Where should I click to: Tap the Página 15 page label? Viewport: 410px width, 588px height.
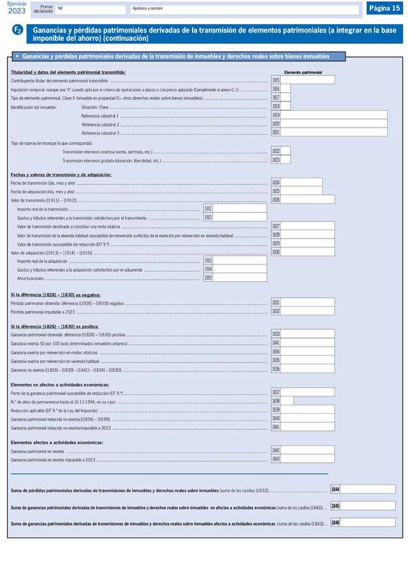click(x=384, y=8)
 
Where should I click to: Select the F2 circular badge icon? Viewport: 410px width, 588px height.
click(x=18, y=31)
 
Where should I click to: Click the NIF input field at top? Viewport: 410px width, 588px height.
click(x=91, y=10)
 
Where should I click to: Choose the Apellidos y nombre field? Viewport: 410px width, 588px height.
click(x=244, y=10)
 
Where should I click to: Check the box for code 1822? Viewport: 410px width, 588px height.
click(x=286, y=151)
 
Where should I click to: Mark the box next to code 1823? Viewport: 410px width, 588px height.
click(x=286, y=160)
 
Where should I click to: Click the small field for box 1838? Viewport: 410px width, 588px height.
click(x=287, y=401)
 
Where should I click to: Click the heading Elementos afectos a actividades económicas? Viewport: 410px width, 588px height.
click(x=57, y=442)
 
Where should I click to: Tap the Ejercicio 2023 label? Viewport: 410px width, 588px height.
click(x=17, y=8)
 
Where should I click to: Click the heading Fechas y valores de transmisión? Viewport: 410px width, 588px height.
click(x=61, y=174)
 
